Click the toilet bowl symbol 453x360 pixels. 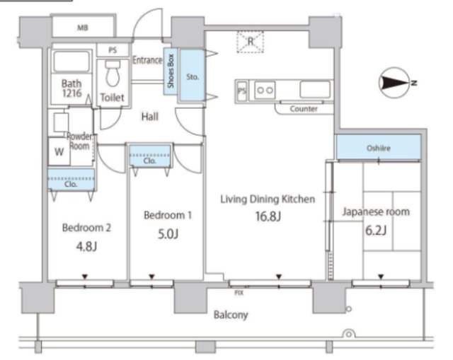113,74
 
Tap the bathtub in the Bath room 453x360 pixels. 71,62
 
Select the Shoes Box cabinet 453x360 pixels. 171,71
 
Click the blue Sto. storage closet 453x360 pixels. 193,76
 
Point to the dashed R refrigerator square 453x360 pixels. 250,42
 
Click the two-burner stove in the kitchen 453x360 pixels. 265,91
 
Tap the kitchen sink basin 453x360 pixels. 315,89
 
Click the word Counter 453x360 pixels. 304,109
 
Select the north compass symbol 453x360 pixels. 396,83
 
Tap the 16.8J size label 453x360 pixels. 268,216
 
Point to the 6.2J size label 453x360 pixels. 376,231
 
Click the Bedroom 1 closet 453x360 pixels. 149,156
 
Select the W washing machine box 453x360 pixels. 59,151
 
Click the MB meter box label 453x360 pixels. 83,28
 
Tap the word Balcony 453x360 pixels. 231,315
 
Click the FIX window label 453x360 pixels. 239,293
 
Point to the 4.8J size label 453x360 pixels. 86,247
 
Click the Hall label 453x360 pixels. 150,117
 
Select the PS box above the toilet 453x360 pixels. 113,50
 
